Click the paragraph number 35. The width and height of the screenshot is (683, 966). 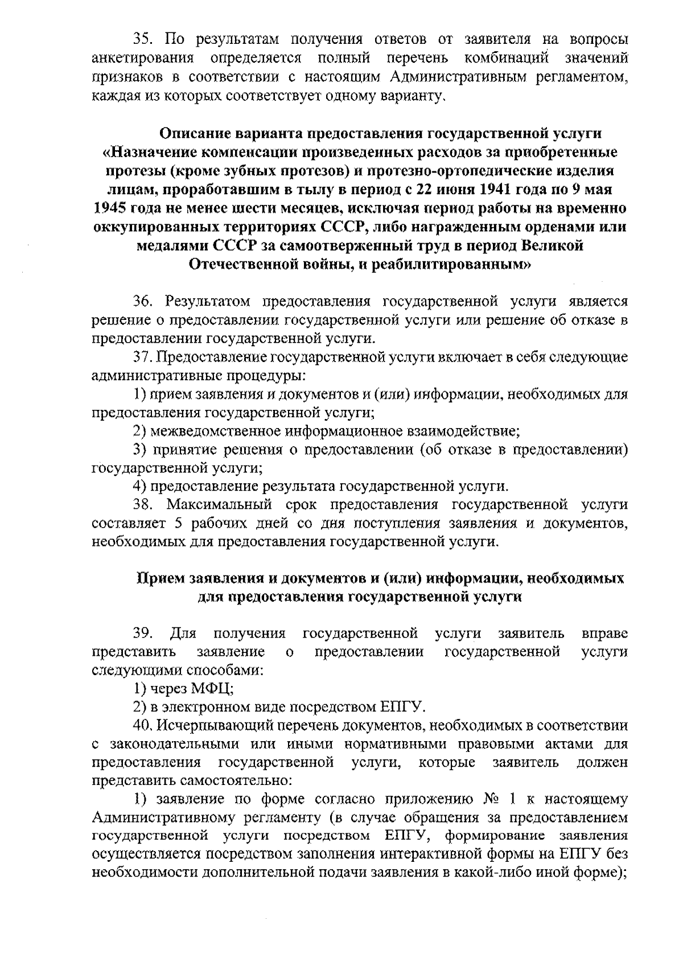point(142,39)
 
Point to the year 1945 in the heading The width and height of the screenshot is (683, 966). point(110,208)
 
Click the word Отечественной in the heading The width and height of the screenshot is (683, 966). point(242,264)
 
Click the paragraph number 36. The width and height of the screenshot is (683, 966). point(142,301)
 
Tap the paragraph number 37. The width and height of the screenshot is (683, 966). point(142,357)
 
